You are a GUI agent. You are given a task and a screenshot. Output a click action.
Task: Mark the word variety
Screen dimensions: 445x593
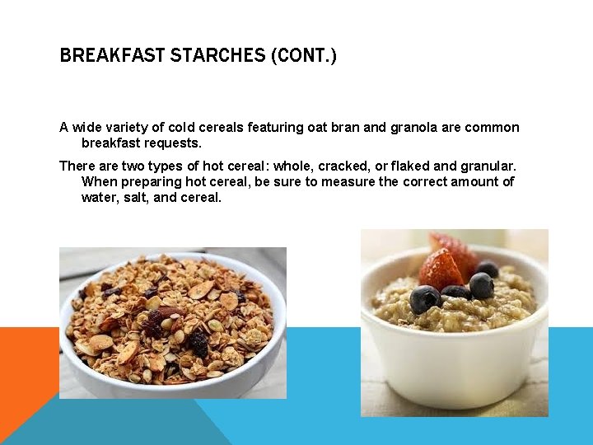[x=131, y=127]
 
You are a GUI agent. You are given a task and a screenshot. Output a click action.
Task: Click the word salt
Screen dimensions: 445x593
[x=134, y=198]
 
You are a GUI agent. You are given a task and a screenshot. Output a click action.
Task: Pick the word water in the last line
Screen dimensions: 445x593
[x=99, y=198]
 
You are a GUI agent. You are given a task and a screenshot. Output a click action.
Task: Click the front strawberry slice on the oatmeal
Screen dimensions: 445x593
[x=441, y=270]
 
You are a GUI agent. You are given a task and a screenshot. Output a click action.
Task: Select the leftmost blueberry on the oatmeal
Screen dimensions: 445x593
[x=424, y=298]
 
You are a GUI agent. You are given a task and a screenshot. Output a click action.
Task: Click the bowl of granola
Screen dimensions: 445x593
[x=173, y=326]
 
